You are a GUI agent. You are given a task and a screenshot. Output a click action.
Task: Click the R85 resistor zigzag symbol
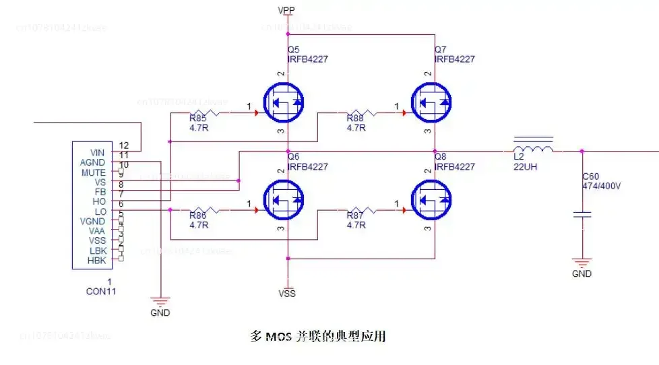[206, 113]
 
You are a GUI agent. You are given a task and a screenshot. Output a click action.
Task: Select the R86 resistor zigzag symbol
[206, 211]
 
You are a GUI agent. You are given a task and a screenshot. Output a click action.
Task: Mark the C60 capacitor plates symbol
[582, 215]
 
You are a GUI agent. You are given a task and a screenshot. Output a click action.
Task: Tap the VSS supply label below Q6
[287, 293]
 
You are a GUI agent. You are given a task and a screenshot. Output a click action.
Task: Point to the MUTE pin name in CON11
[94, 172]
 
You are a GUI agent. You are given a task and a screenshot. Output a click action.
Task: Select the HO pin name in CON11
[99, 201]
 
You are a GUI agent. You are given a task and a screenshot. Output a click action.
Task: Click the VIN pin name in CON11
[97, 153]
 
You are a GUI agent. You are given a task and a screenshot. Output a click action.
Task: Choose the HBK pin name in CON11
[96, 260]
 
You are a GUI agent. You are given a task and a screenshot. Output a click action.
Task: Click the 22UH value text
[526, 167]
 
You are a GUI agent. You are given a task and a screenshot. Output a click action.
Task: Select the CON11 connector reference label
[100, 292]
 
